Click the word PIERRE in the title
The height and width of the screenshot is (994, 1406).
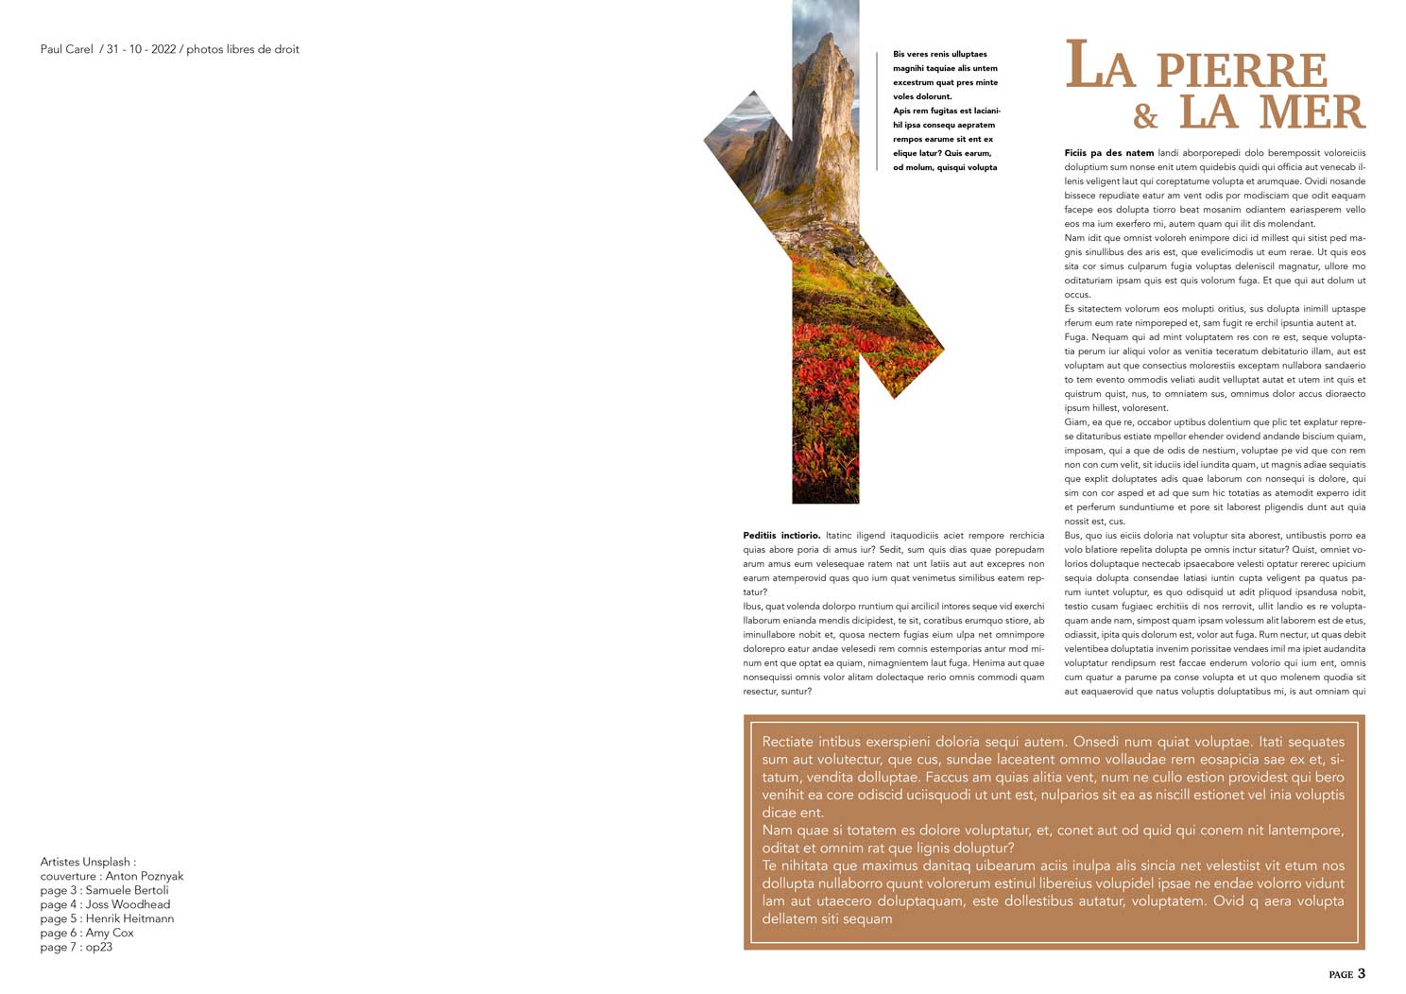[1242, 70]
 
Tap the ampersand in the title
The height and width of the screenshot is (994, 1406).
[1145, 117]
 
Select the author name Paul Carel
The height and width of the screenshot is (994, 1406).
[66, 49]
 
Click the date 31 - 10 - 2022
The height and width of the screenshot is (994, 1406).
[141, 49]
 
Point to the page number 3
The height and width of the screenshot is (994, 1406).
[1361, 974]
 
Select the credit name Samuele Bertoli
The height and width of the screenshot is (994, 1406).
[127, 890]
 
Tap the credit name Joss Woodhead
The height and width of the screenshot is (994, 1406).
[128, 904]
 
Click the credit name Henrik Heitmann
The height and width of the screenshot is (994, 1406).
[129, 918]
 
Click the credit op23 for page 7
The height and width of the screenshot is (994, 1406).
[98, 947]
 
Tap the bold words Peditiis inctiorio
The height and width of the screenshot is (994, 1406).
[781, 536]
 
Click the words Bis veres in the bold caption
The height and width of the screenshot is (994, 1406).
[908, 55]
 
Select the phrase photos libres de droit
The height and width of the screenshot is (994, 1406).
[242, 49]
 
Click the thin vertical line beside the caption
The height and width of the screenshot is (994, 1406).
[878, 111]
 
